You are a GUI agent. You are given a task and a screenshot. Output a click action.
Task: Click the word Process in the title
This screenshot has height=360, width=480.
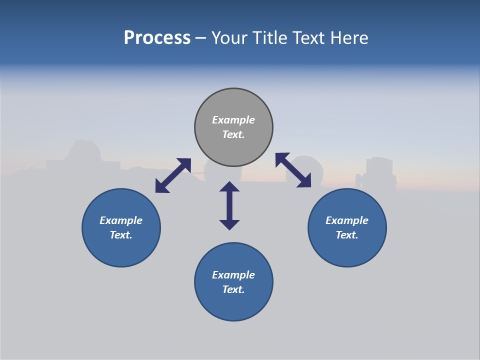[x=157, y=38]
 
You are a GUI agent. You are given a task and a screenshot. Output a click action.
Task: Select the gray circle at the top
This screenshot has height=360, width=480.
[x=233, y=102]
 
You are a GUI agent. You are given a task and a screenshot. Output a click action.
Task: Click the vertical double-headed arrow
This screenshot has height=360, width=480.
[x=229, y=205]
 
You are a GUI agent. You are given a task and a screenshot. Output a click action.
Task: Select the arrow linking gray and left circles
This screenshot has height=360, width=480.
[x=173, y=175]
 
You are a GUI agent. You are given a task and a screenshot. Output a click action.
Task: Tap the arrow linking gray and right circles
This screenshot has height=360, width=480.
[x=293, y=170]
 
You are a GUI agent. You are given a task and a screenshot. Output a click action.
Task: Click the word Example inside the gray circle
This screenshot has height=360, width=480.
[x=233, y=120]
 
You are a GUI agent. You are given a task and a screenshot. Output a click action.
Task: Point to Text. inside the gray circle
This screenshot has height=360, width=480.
[x=233, y=134]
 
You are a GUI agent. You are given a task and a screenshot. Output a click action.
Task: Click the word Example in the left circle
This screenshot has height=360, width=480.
[x=121, y=220]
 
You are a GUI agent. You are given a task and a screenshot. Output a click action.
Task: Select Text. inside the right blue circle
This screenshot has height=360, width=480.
[x=347, y=235]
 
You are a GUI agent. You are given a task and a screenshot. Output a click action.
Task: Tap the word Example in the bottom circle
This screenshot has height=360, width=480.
[x=233, y=275]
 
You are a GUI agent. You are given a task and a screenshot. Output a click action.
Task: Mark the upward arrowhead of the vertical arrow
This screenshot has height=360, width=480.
[x=229, y=186]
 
